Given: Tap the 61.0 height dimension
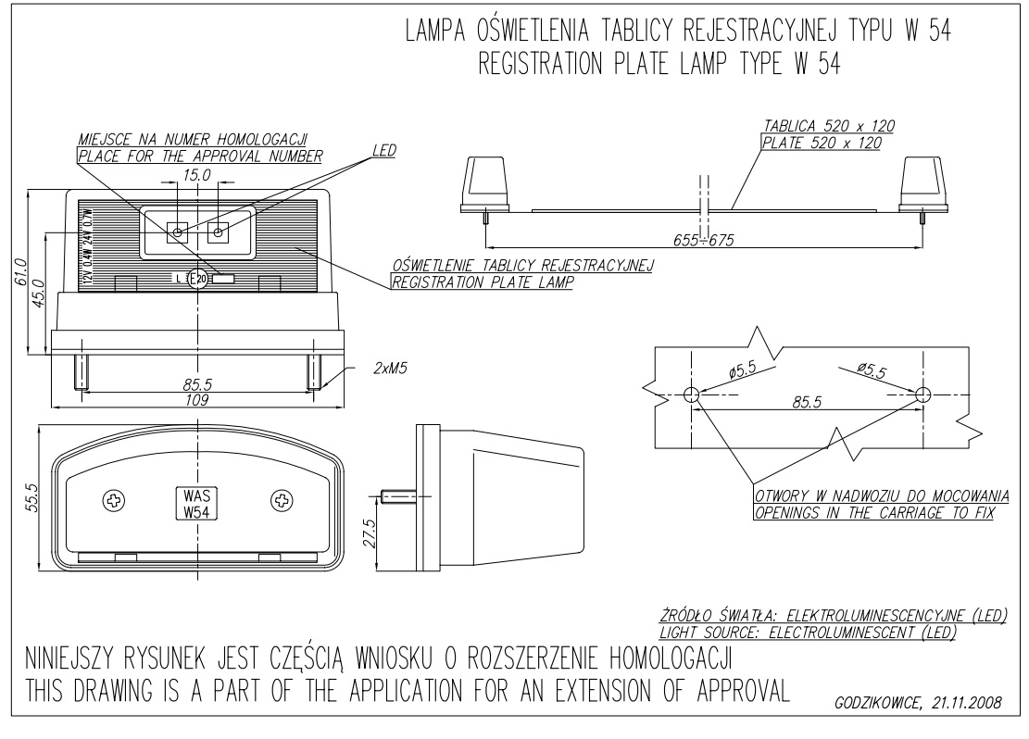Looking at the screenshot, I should coord(20,272).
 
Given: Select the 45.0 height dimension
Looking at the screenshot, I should coord(39,294).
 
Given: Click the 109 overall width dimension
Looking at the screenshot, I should coord(196,400).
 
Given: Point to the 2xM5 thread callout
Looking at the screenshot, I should coord(389,368).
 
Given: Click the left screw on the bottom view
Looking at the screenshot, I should coord(115,501).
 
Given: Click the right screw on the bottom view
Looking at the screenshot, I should coord(280,501).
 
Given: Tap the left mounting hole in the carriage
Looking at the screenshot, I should coord(692,395).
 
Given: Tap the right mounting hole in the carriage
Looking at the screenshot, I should coord(922,395).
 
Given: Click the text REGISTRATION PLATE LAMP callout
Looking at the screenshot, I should coord(482,282).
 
